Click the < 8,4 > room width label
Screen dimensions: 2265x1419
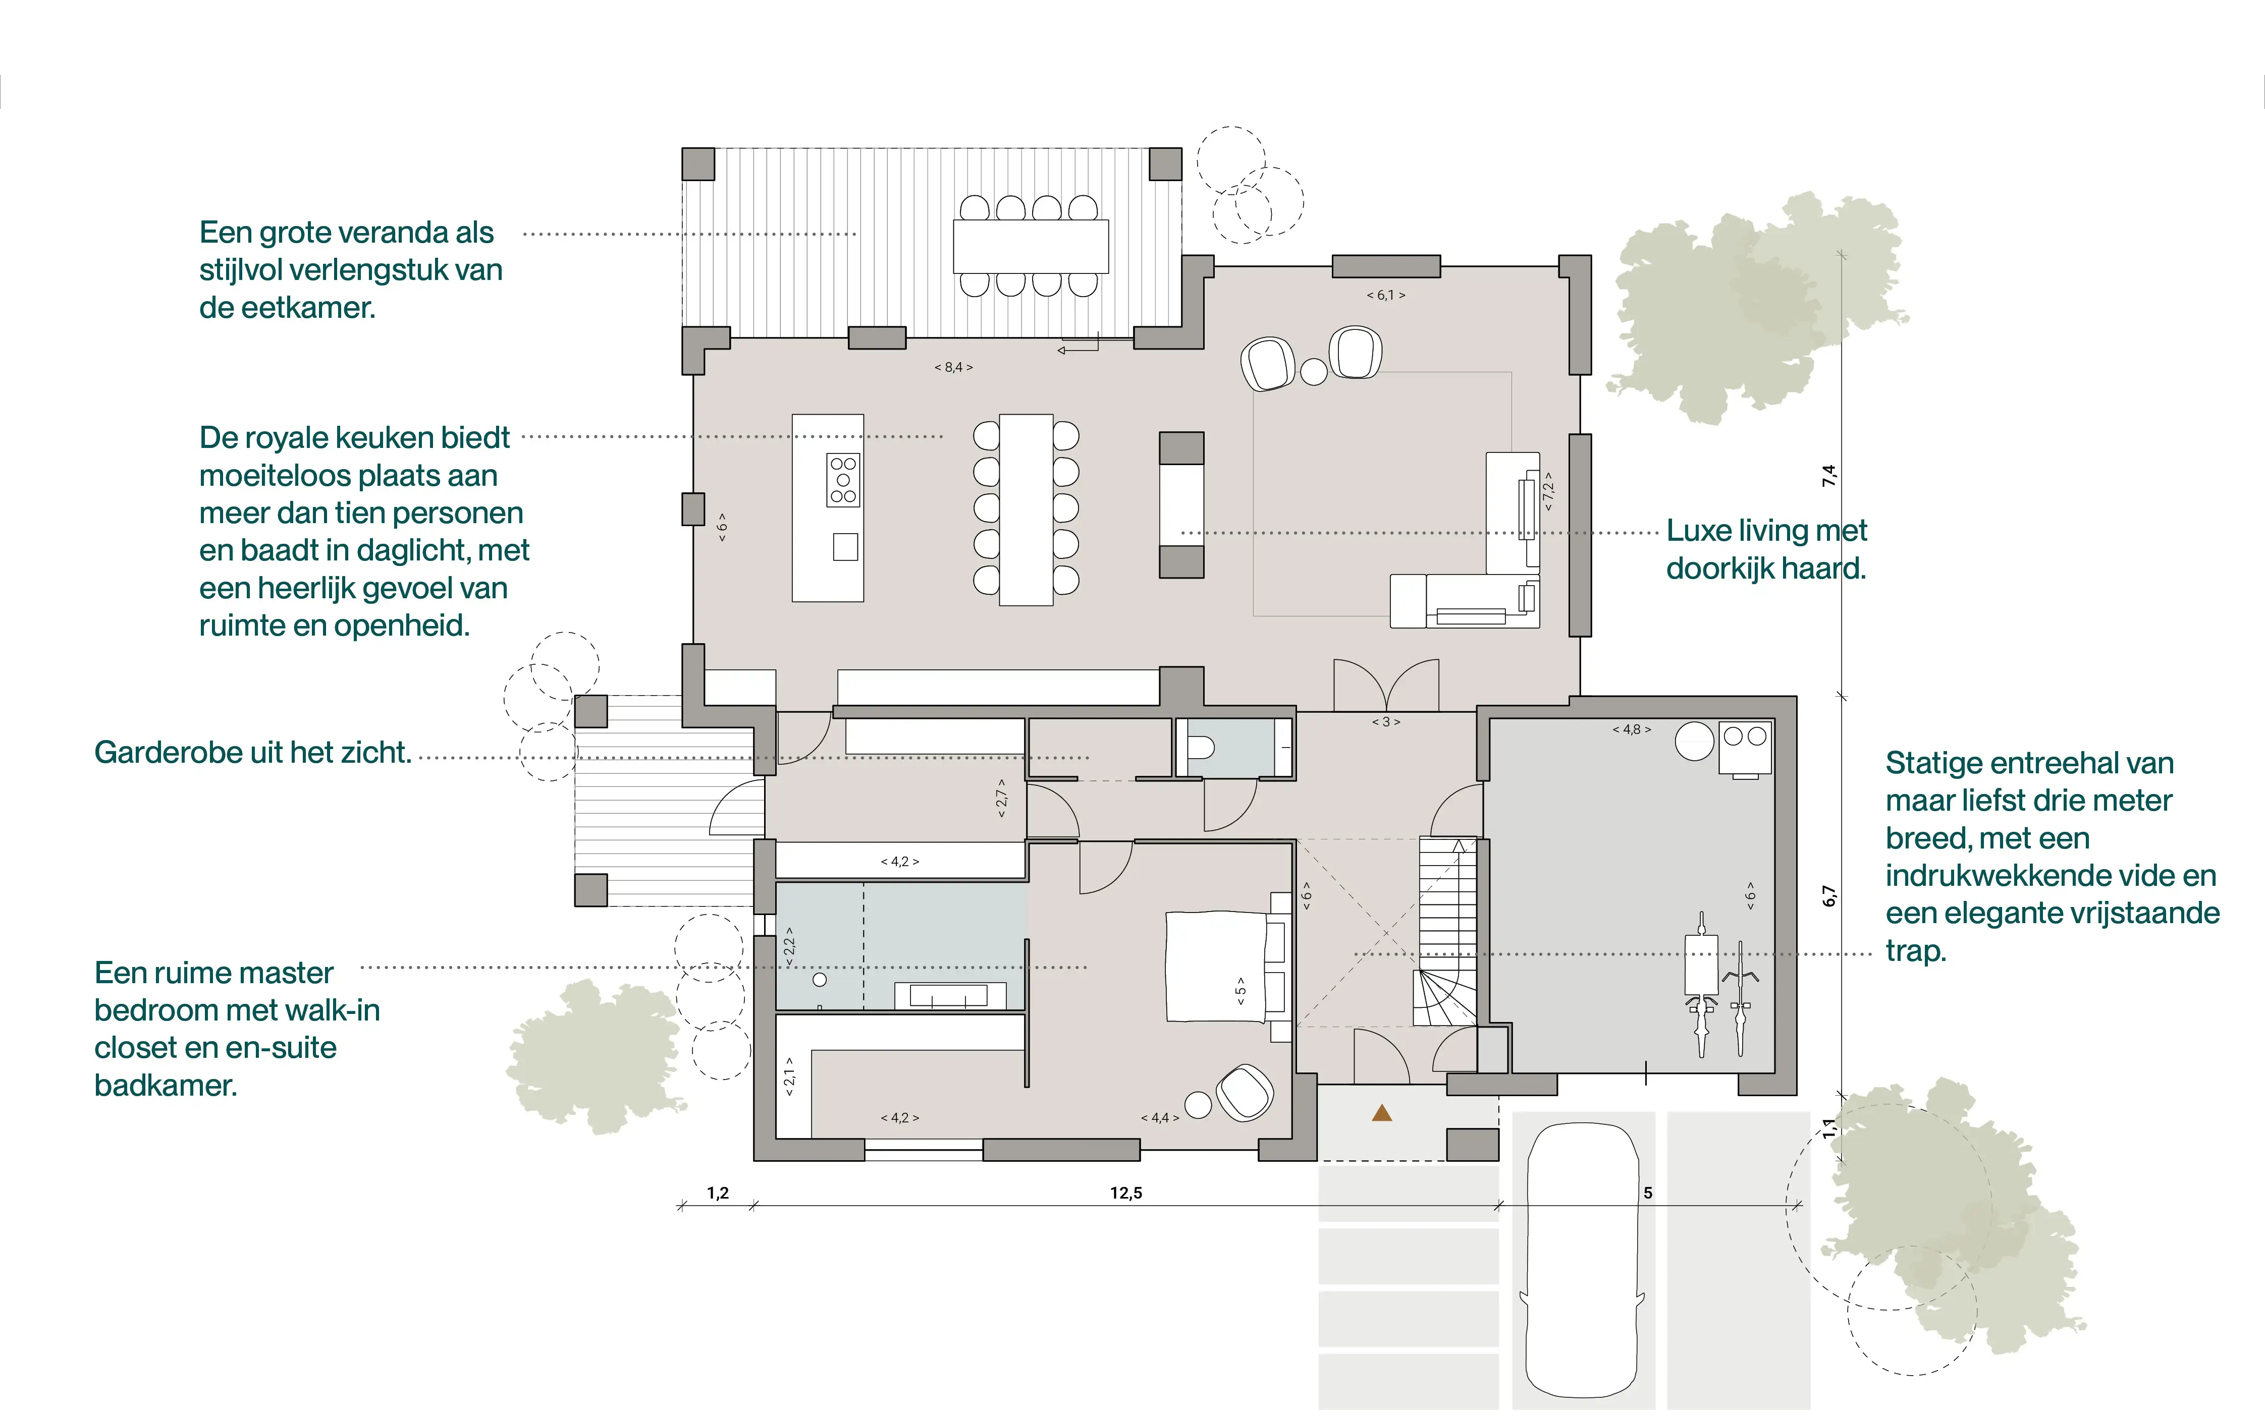click(x=954, y=367)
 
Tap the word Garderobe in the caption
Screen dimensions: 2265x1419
click(x=160, y=753)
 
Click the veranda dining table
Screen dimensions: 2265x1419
click(x=1031, y=246)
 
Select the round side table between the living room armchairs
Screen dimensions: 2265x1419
click(x=1314, y=372)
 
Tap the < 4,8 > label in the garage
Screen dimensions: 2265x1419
click(x=1632, y=729)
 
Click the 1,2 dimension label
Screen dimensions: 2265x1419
click(x=718, y=1194)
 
